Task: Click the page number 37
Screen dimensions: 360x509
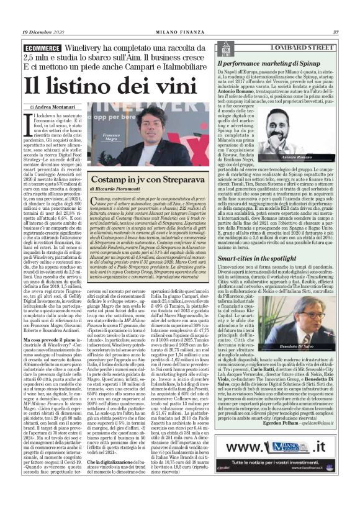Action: tap(335, 32)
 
